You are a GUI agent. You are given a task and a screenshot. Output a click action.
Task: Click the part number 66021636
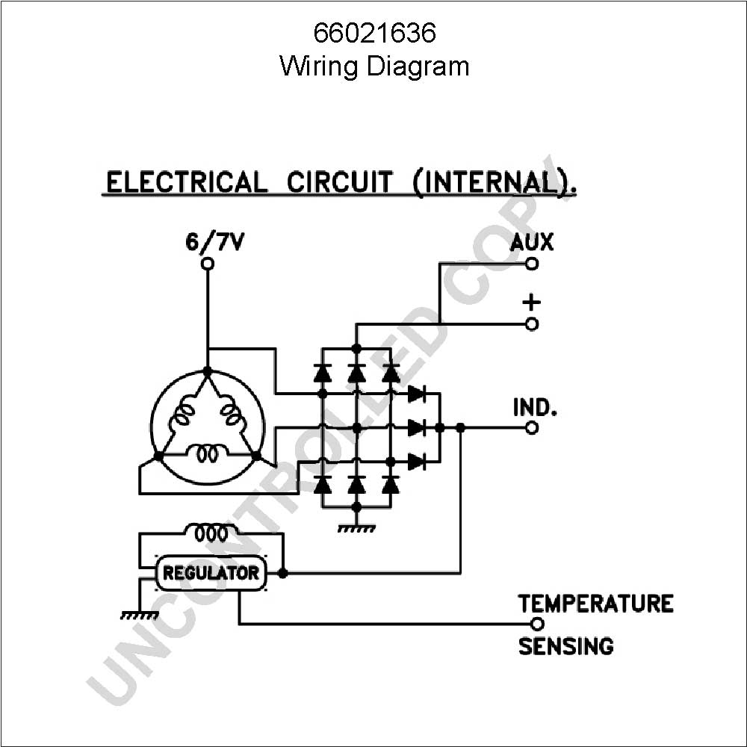(374, 33)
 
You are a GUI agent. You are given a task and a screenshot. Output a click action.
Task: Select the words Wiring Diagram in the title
(374, 66)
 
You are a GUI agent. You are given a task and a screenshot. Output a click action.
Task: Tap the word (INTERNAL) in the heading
(494, 182)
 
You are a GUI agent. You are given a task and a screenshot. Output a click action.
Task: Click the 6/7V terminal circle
(207, 264)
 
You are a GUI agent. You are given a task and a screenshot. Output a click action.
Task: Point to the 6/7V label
(214, 242)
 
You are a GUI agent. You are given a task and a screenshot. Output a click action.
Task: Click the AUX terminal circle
(532, 264)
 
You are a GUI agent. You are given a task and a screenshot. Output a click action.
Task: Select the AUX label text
(532, 242)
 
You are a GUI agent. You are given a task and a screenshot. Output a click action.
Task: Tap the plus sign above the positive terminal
(532, 302)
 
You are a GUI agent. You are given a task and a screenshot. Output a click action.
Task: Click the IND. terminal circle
(532, 428)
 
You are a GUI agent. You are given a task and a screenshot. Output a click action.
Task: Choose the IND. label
(535, 407)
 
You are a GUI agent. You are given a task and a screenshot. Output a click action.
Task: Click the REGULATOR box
(211, 573)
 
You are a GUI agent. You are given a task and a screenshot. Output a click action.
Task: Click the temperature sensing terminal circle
(537, 624)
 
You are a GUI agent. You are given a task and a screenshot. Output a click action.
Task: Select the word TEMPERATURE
(595, 603)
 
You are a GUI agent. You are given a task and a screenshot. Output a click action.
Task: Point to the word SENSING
(566, 646)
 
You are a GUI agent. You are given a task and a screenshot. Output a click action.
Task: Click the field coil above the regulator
(211, 532)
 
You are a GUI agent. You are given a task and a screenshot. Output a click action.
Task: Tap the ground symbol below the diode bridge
(356, 528)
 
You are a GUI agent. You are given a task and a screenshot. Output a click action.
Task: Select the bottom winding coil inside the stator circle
(208, 453)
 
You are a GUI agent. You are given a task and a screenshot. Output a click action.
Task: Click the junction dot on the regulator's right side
(282, 573)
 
